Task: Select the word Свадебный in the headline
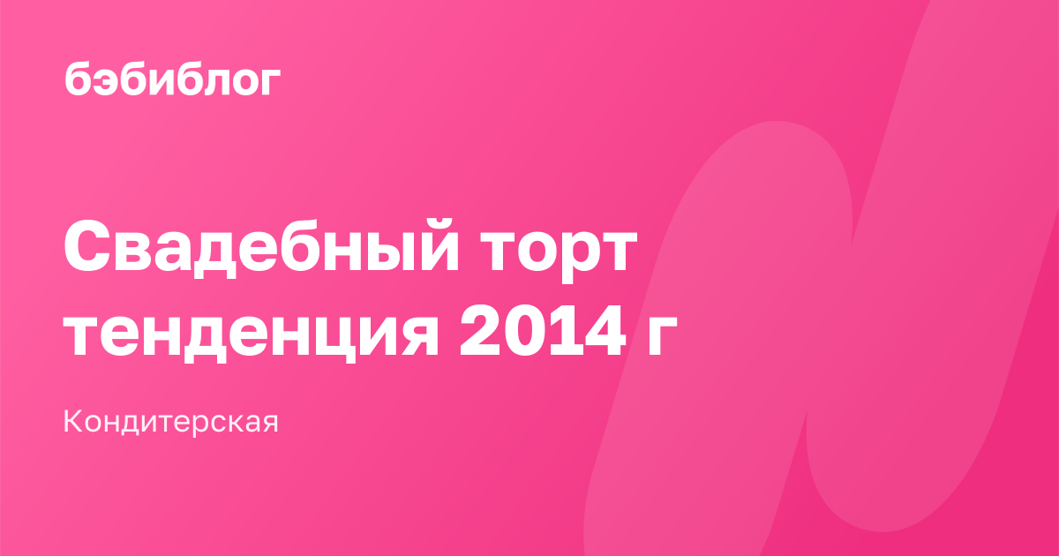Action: (261, 248)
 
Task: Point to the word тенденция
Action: (251, 332)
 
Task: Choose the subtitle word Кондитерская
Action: (170, 422)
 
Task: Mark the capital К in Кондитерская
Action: (74, 421)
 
